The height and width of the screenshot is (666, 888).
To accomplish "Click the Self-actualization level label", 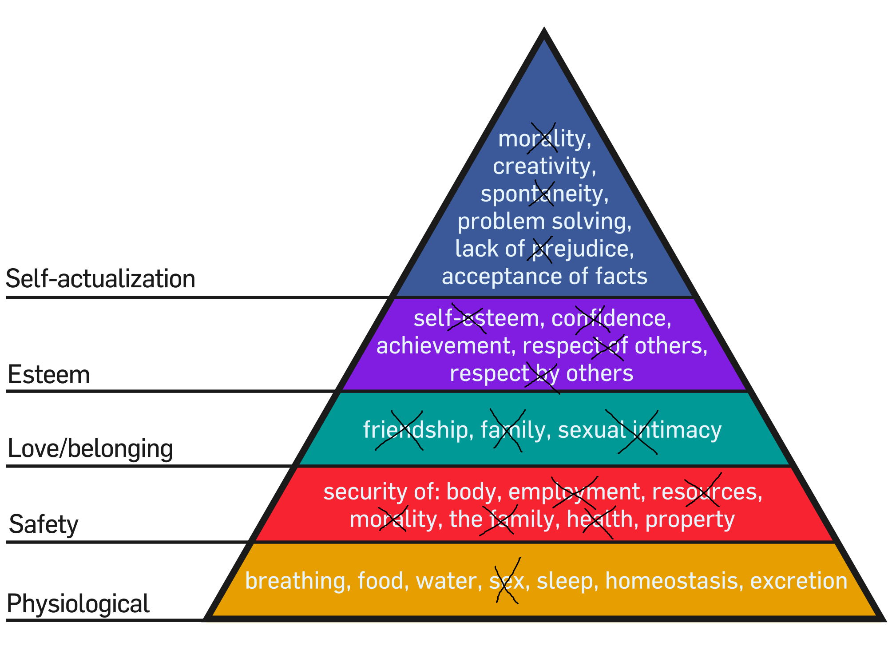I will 100,279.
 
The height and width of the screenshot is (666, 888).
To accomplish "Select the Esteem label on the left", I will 49,374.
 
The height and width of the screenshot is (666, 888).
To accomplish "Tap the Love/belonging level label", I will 90,448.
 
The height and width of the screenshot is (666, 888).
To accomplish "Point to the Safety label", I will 44,524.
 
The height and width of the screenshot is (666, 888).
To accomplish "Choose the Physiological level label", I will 78,604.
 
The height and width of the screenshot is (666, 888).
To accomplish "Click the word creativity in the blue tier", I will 544,166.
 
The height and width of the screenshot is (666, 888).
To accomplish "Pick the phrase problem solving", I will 544,221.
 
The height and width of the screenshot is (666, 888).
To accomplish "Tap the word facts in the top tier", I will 621,276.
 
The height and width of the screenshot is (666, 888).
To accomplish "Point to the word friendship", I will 416,430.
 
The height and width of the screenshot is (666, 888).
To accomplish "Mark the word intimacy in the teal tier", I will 677,430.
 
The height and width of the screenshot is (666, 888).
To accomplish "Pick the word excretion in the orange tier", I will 799,581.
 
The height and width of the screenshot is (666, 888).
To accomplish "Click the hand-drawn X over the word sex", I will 507,580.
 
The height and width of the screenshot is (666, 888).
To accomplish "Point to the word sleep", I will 564,581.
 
